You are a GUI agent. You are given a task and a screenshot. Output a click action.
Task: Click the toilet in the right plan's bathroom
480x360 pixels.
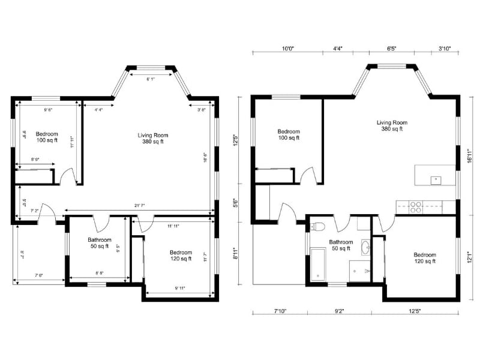(319, 227)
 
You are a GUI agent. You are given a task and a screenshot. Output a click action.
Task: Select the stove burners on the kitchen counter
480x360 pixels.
(415, 207)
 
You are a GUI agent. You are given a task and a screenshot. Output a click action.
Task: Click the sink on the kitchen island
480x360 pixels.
(436, 179)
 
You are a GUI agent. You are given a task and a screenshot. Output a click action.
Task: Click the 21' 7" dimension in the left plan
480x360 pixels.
(139, 206)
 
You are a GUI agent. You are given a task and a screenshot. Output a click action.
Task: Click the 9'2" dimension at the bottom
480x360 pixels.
(339, 311)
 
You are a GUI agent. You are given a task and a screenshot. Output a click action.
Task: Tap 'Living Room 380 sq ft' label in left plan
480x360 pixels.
(150, 139)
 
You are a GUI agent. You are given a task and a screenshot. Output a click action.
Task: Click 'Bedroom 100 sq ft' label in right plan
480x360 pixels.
(289, 134)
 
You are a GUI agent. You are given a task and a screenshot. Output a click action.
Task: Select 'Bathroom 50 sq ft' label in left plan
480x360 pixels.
(95, 242)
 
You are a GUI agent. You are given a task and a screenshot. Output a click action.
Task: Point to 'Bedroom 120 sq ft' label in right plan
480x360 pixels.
(424, 258)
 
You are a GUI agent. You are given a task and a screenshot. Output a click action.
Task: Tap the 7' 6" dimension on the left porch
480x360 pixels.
(39, 275)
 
